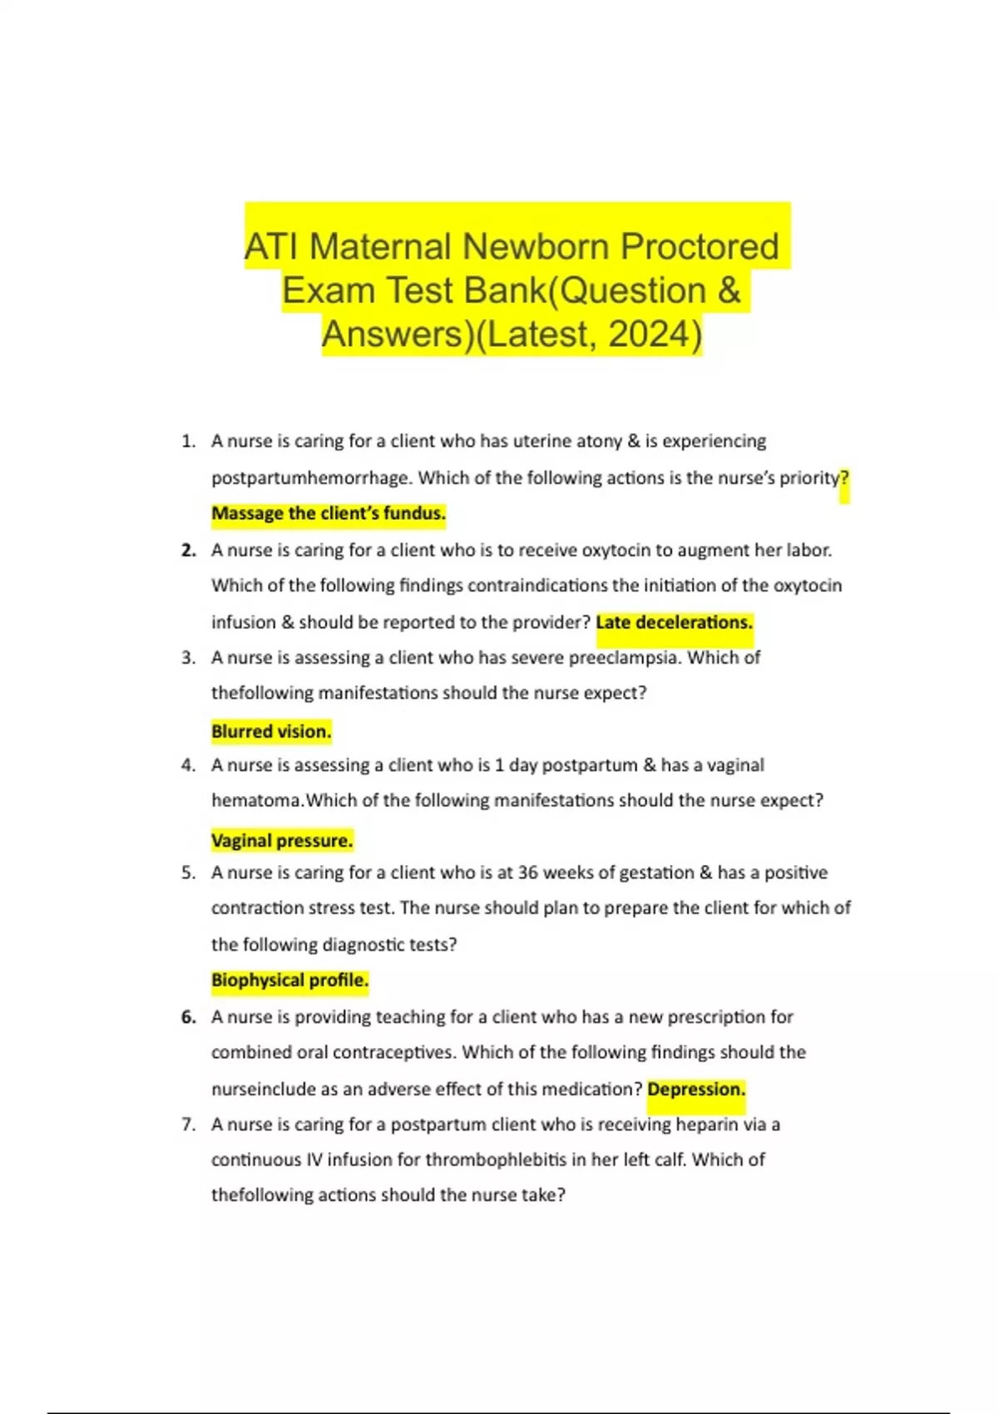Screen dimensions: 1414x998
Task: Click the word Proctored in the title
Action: [699, 246]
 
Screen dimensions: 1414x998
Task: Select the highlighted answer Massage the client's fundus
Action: [329, 514]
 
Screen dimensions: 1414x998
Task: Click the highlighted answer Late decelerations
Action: [674, 622]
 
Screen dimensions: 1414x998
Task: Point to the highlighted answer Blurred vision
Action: [271, 732]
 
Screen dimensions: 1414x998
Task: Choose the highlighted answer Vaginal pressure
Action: [282, 841]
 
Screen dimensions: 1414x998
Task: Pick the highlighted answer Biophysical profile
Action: [289, 981]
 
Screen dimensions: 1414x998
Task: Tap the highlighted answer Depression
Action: [696, 1090]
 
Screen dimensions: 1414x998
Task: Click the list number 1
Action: [188, 442]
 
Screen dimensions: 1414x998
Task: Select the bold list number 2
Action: [188, 551]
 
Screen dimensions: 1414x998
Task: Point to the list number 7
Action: [188, 1125]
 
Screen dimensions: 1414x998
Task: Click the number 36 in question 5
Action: [528, 873]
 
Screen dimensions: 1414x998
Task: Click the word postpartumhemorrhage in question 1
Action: [310, 478]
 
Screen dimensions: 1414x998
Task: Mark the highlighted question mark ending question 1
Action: [845, 478]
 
